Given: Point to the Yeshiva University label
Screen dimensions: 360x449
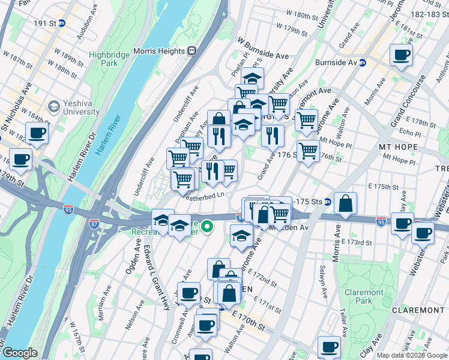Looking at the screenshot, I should tap(78, 107).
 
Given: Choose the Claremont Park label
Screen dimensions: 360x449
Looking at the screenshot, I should tap(364, 297).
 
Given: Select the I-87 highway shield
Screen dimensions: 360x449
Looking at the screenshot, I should tap(94, 223).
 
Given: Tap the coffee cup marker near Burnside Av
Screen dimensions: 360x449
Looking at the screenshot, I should tap(400, 56).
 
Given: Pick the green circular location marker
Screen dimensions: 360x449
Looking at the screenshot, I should tap(207, 226).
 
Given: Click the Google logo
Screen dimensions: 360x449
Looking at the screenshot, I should tap(20, 353).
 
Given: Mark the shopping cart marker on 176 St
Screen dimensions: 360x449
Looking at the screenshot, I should tap(308, 150).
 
